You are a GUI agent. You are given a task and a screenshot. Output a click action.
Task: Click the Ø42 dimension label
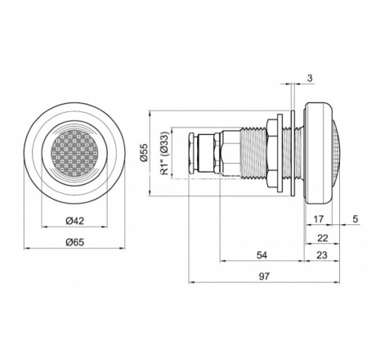tap(75, 220)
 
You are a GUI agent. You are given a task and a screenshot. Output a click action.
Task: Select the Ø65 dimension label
tap(75, 242)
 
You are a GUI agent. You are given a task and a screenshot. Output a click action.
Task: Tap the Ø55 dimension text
tap(144, 153)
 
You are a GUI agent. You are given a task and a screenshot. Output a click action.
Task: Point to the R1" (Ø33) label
tap(166, 153)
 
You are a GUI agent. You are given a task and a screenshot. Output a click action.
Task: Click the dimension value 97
tap(264, 277)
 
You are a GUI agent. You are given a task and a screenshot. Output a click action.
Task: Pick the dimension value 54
tap(262, 255)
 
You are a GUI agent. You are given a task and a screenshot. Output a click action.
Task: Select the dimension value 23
tap(322, 255)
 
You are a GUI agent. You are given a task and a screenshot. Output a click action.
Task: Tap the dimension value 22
tap(323, 238)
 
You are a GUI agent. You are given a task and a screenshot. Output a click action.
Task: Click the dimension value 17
tap(318, 218)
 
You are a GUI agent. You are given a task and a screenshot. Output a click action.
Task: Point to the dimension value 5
tap(356, 218)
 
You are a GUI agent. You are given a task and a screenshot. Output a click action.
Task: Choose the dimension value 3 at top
tap(310, 79)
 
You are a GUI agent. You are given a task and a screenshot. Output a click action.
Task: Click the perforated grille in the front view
tap(74, 153)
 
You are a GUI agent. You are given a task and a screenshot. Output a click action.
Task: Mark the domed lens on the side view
tap(336, 153)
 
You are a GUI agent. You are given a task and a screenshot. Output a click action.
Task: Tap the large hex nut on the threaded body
tap(272, 153)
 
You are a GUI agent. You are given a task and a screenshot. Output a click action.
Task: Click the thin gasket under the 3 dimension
tap(293, 153)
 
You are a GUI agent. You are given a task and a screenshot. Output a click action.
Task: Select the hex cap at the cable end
tap(191, 153)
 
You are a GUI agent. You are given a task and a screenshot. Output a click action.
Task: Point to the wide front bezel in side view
tap(318, 153)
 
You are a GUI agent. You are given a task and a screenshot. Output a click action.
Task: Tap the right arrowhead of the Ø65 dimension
tap(122, 248)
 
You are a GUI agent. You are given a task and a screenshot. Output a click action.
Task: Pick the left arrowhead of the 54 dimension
tap(223, 261)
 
